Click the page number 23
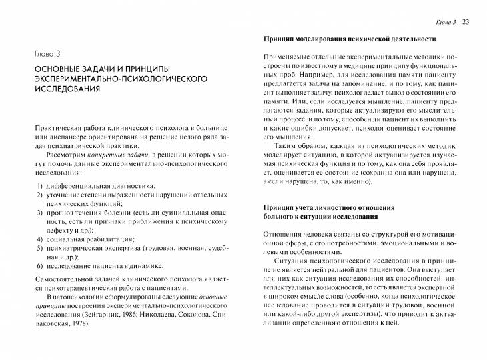[x=466, y=23]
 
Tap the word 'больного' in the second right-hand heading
[x=281, y=217]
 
